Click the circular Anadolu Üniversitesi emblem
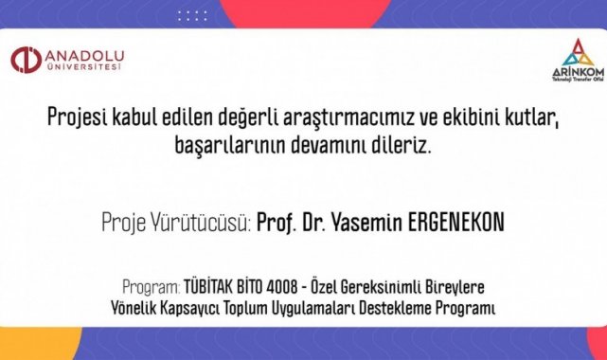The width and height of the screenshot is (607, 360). [x=26, y=60]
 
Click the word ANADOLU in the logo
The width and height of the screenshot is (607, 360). [x=85, y=56]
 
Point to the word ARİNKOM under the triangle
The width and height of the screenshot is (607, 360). [x=578, y=72]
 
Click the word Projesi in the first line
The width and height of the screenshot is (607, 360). [x=77, y=117]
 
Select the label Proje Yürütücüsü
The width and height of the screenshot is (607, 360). [x=176, y=222]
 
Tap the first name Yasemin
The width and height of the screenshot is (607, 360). [x=367, y=222]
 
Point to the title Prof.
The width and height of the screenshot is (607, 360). [x=277, y=223]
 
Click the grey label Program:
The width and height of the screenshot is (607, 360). [x=152, y=287]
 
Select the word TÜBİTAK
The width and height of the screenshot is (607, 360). [x=208, y=287]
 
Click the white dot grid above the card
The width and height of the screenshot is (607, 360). [x=192, y=16]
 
